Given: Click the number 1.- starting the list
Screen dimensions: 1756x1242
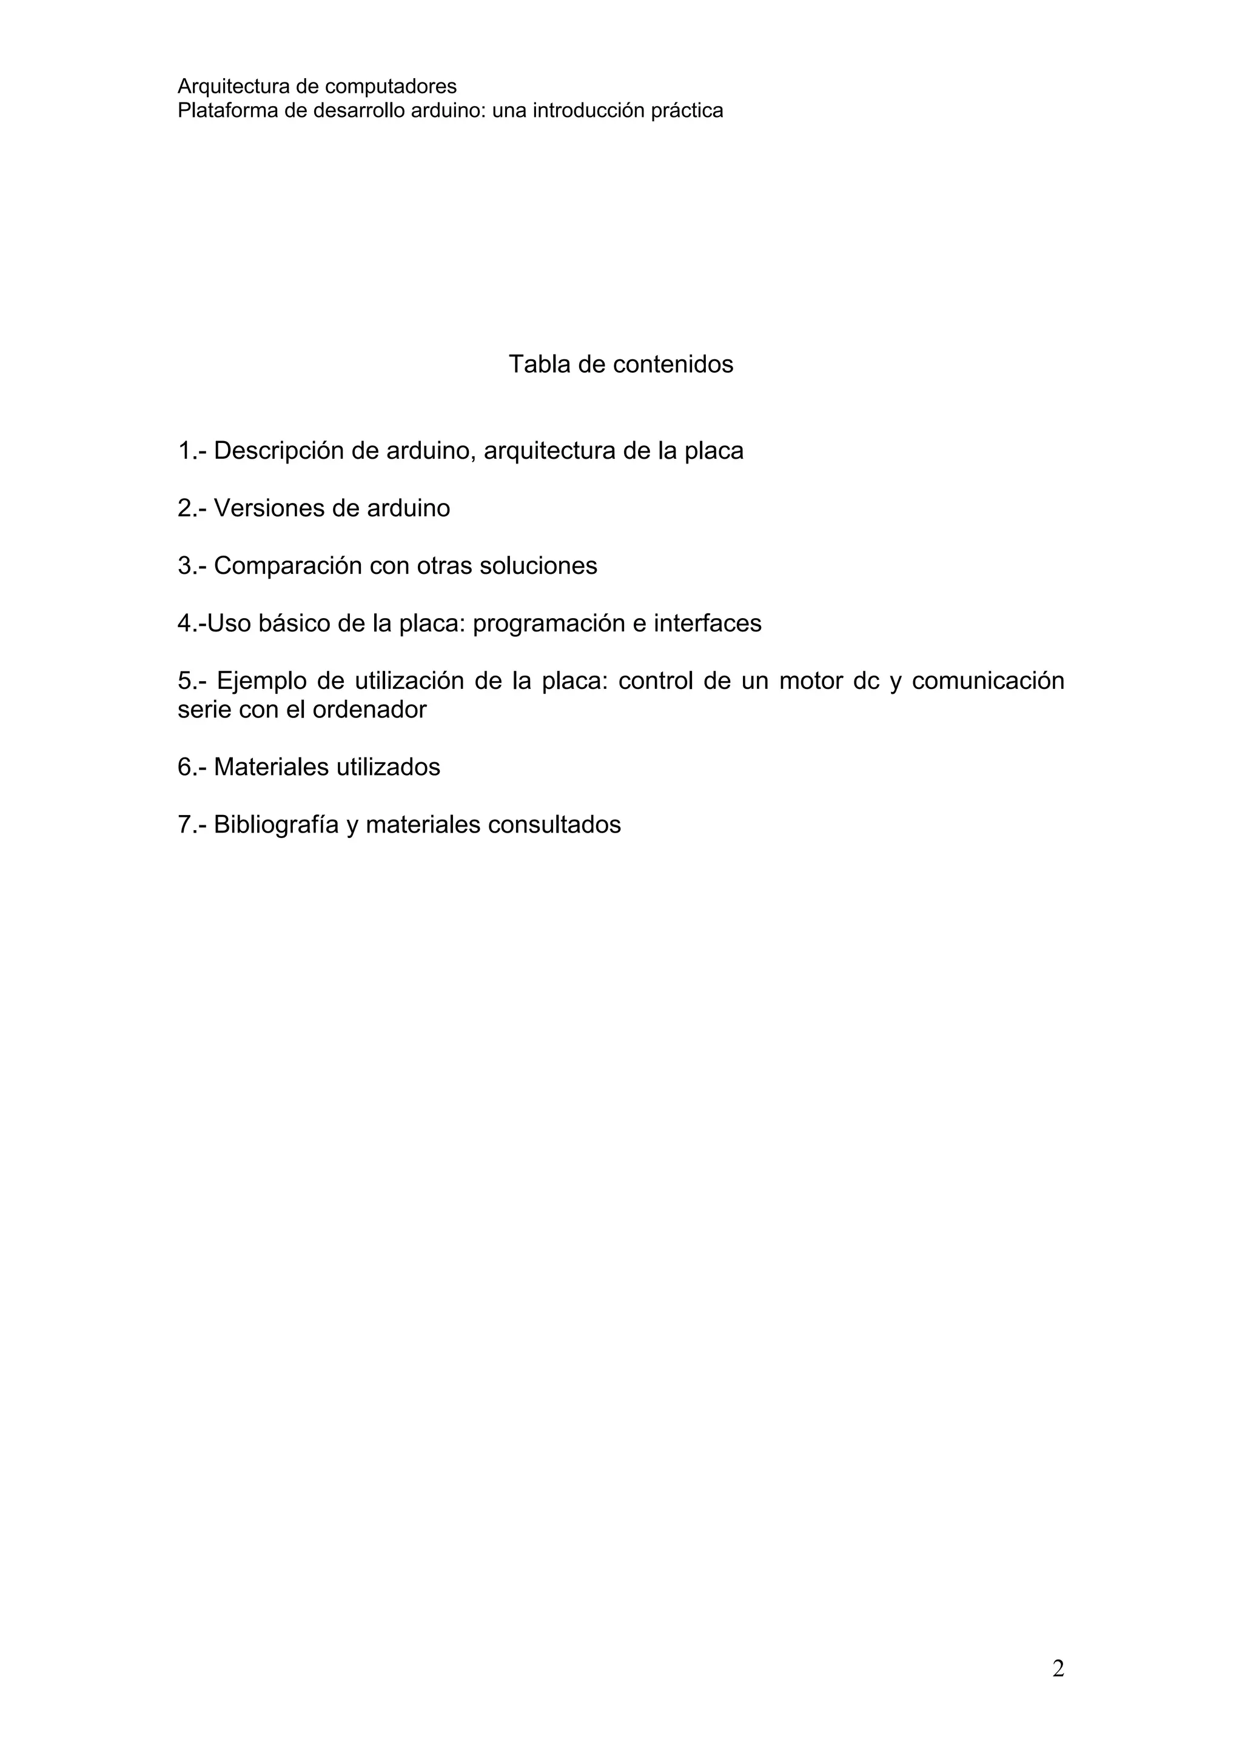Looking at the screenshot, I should click(192, 451).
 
